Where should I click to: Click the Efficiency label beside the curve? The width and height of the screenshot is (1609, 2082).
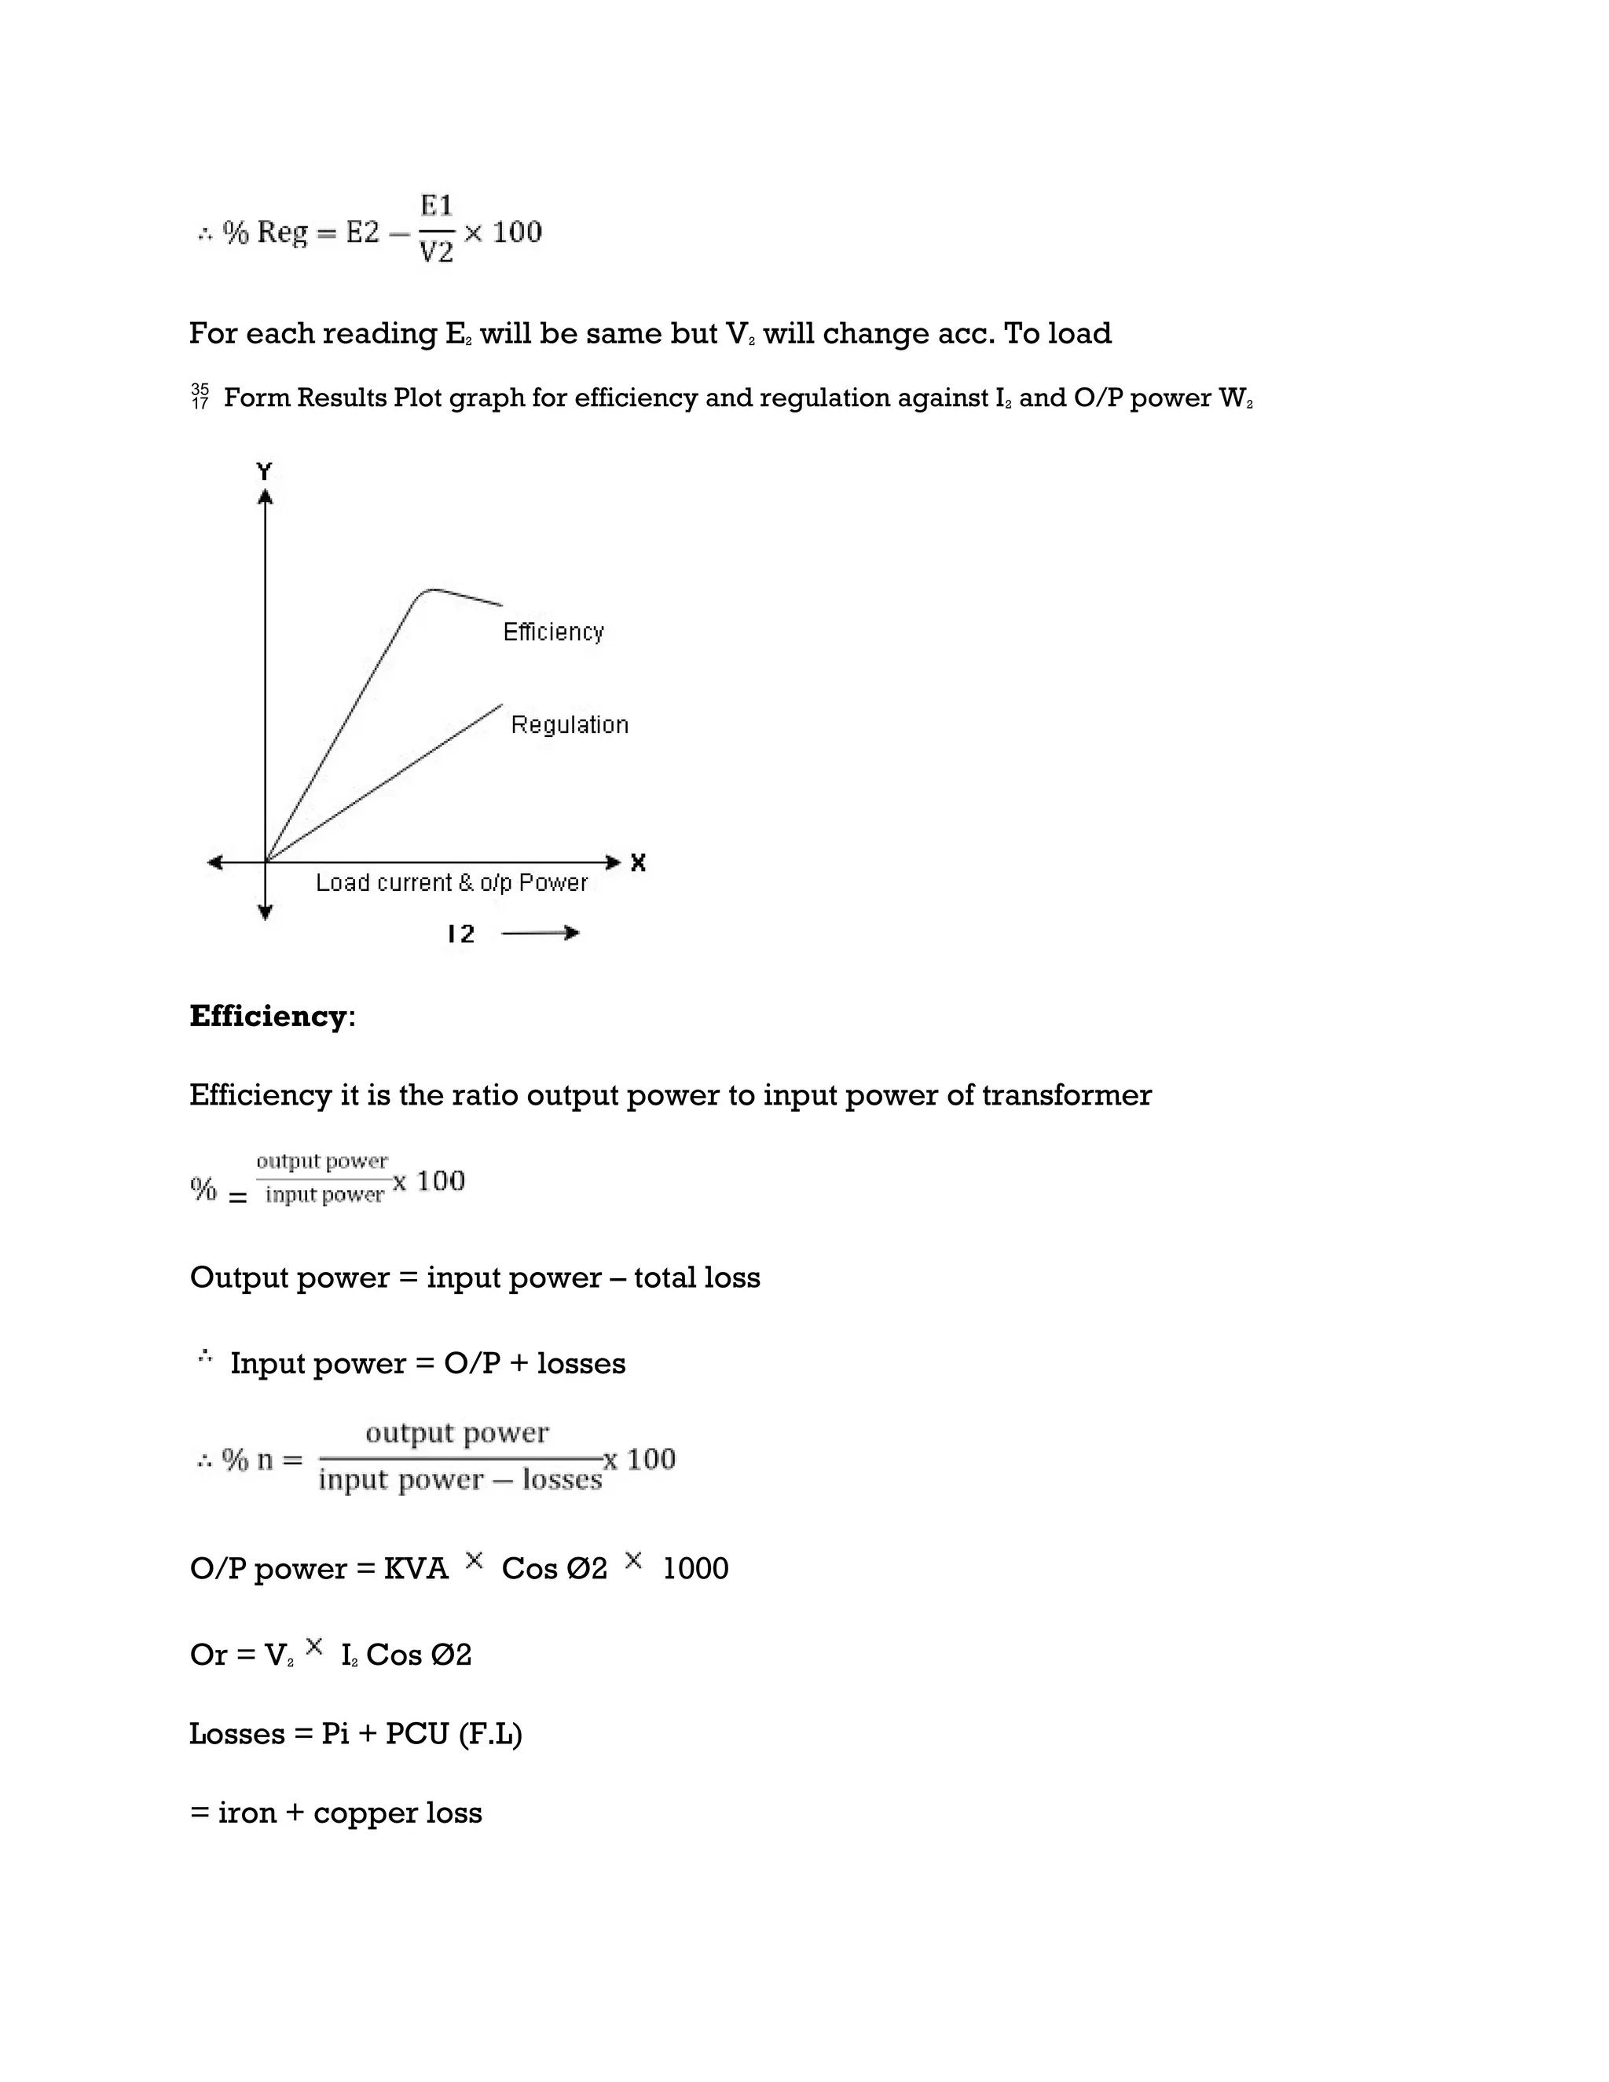tap(553, 632)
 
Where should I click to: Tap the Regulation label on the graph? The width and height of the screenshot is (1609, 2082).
tap(569, 725)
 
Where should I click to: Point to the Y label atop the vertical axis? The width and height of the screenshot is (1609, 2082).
tap(264, 471)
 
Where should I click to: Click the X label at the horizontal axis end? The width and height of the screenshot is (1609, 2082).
tap(638, 863)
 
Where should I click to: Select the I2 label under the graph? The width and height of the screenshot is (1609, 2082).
tap(461, 934)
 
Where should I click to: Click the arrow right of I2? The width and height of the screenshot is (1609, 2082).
tap(541, 933)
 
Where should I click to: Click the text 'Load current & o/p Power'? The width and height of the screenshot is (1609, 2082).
tap(451, 883)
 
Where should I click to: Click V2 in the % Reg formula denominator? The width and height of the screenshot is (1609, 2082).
tap(437, 253)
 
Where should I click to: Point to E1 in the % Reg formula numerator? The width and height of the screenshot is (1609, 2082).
tap(437, 205)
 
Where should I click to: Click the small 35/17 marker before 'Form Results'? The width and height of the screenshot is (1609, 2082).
tap(200, 397)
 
